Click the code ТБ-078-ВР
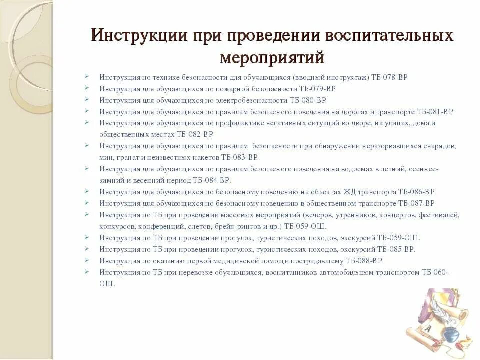coord(390,77)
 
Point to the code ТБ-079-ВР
coord(317,89)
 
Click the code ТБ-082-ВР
coord(195,134)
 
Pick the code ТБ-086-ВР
coord(417,192)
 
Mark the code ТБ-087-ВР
coord(416,203)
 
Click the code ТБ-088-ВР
coord(364,261)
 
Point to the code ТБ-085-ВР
coord(396,249)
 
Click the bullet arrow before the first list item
coord(87,77)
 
